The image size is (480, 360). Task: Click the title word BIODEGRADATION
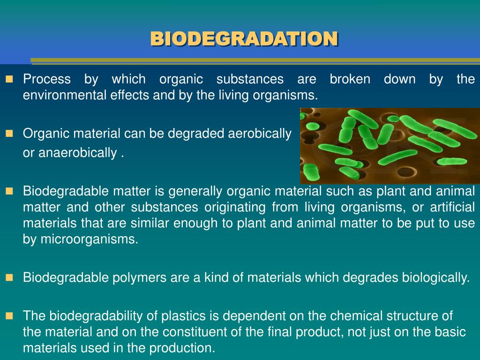(x=244, y=39)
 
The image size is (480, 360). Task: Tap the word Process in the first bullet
(x=47, y=80)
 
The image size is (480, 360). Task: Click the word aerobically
(x=259, y=134)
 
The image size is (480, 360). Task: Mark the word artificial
(x=450, y=207)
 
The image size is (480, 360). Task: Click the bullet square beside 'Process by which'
(x=9, y=79)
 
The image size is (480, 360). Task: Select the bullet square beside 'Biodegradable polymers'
(x=9, y=277)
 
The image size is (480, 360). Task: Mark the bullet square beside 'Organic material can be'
(x=9, y=134)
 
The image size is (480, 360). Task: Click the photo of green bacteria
(x=390, y=146)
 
